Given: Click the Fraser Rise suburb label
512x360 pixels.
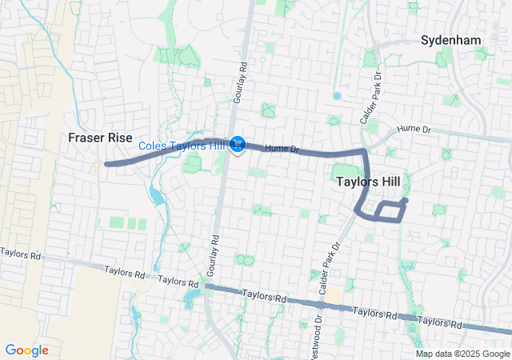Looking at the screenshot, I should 99,138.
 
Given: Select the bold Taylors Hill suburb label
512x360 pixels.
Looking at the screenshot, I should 368,182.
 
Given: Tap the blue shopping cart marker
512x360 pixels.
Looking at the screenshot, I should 237,144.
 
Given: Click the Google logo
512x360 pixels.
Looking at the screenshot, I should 26,350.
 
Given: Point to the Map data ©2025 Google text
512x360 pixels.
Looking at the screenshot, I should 462,354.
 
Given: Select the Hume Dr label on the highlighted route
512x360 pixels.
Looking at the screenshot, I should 282,148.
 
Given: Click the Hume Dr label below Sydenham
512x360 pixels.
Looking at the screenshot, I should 414,128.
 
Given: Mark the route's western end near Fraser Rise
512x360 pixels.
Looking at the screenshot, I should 107,164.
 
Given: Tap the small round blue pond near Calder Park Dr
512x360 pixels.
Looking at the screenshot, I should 337,96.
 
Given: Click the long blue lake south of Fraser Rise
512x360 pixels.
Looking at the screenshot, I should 156,196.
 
